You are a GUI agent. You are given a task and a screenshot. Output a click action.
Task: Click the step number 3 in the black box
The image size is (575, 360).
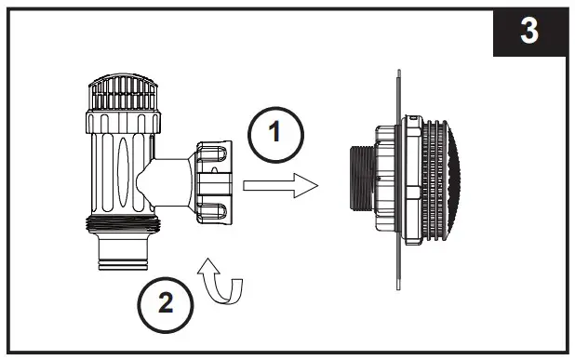tap(528, 31)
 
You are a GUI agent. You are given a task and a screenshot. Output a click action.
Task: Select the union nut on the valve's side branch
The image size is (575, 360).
tap(216, 177)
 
